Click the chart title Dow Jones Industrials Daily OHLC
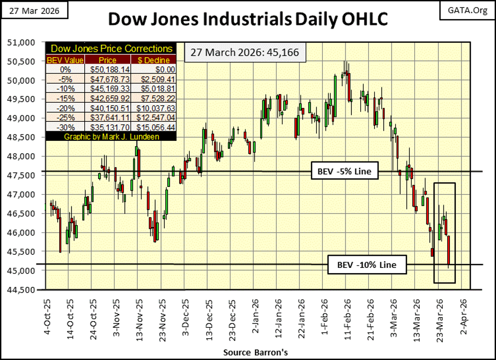pyautogui.click(x=248, y=20)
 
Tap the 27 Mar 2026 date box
pyautogui.click(x=35, y=10)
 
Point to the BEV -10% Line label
pyautogui.click(x=367, y=264)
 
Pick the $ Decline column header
pyautogui.click(x=156, y=60)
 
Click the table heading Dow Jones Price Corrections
pyautogui.click(x=110, y=49)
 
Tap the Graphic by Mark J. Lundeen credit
pyautogui.click(x=110, y=137)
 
